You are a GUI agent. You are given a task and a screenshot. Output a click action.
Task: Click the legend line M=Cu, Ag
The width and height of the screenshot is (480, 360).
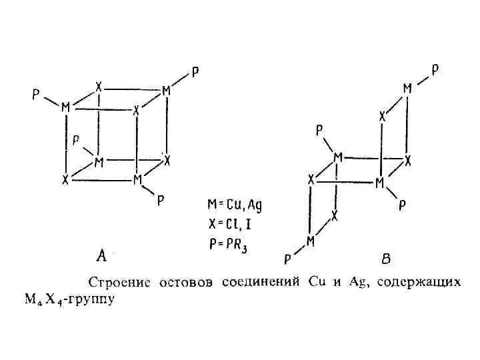[x=235, y=205]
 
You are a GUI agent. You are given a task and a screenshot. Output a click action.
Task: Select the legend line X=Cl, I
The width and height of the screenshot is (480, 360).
[x=231, y=224]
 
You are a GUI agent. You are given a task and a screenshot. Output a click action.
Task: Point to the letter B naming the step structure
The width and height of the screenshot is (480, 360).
[x=386, y=256]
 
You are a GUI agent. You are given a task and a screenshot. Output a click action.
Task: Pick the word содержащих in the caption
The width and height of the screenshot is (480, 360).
[x=419, y=283]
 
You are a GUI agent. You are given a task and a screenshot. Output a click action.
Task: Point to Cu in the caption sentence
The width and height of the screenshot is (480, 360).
[x=317, y=283]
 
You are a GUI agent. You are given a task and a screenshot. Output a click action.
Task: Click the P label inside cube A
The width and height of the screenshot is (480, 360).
[x=77, y=140]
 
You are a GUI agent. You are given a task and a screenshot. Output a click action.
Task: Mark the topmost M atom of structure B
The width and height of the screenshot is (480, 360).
[x=407, y=89]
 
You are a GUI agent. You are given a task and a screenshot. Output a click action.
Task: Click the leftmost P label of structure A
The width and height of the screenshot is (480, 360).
[x=35, y=95]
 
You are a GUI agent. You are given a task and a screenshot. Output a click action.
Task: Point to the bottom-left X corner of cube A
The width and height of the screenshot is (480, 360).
[x=65, y=180]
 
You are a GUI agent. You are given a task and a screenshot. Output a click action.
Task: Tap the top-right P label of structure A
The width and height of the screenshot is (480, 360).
[x=194, y=71]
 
